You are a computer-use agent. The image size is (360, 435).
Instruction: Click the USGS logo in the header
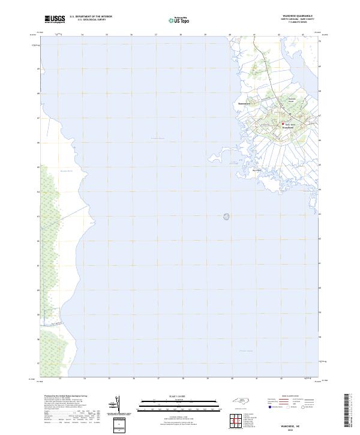(55, 19)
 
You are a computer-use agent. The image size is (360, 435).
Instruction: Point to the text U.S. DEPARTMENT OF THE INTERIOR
(91, 17)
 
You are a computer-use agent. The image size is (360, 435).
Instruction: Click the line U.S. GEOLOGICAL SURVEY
(91, 20)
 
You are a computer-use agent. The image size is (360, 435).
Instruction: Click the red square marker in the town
(284, 124)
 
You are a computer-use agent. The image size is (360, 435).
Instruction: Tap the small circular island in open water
(227, 217)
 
